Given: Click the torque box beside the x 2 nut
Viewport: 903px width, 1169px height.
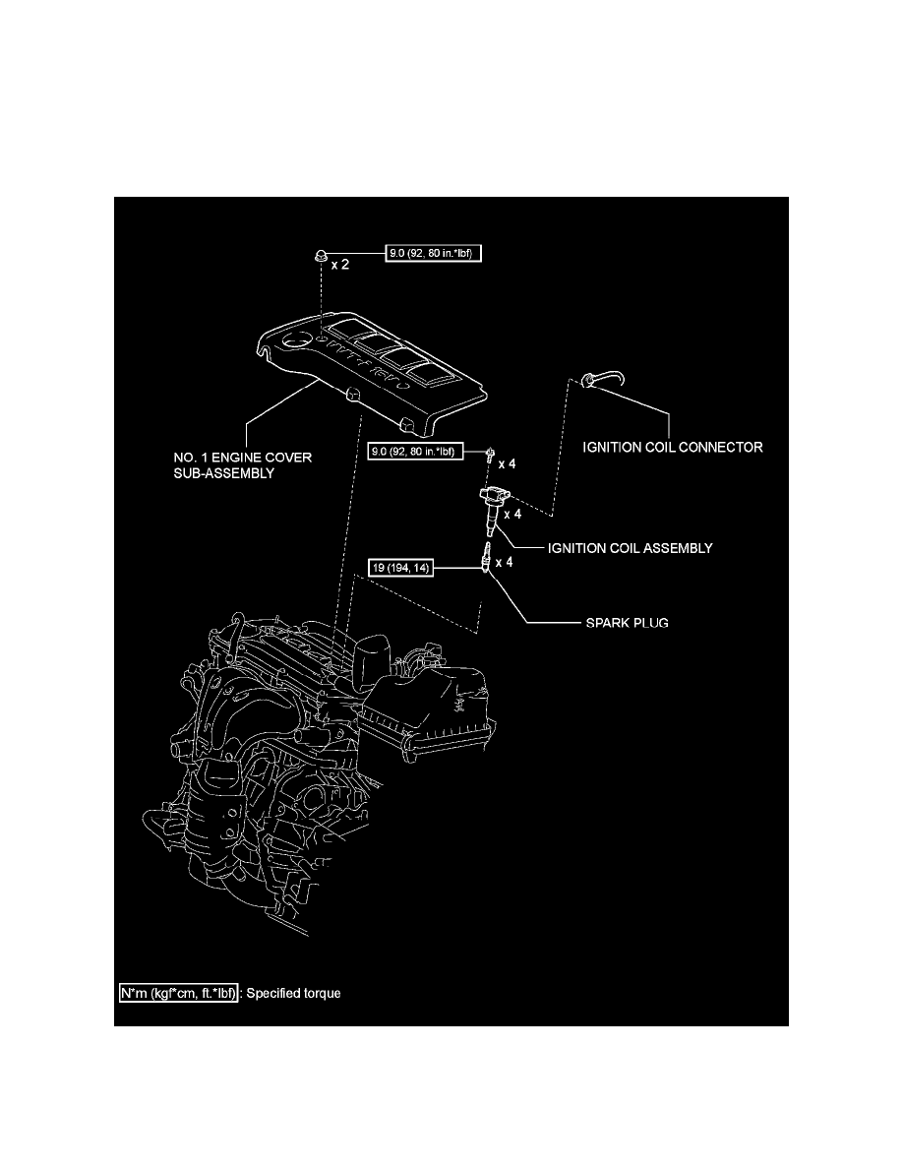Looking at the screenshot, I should point(434,252).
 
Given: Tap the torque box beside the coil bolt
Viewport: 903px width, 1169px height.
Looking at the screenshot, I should point(412,453).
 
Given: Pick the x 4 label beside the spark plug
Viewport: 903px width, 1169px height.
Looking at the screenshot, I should point(505,563).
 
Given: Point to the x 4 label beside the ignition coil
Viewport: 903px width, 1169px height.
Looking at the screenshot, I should point(512,514).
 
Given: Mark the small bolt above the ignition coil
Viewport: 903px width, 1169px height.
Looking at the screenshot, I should point(489,455).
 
